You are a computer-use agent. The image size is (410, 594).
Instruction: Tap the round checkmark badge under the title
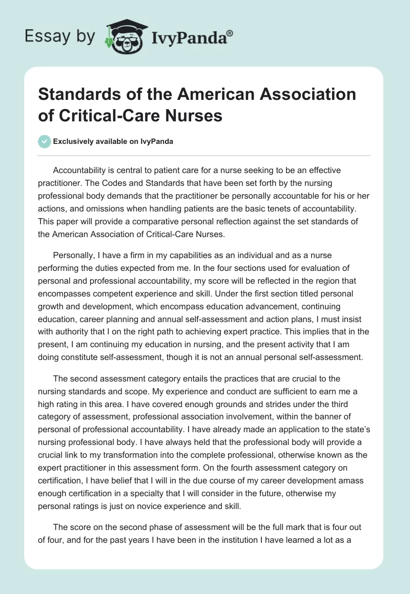tap(45, 141)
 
